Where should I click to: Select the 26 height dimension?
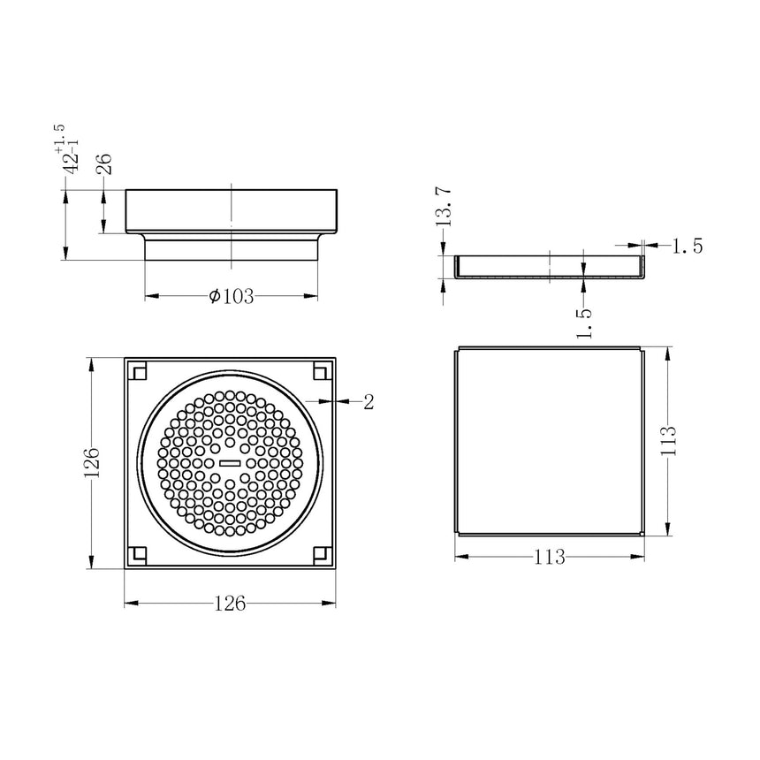pos(103,163)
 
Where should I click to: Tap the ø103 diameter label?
pos(232,297)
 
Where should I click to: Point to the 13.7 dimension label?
pos(445,207)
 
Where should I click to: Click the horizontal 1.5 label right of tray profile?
pos(687,247)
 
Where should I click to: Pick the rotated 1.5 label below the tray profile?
pos(584,323)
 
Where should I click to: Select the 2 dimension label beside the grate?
pos(369,402)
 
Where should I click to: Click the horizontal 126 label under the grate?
pos(230,604)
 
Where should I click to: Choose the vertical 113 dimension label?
pos(668,440)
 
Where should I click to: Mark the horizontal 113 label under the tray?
pos(549,557)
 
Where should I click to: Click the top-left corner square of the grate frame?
pos(138,372)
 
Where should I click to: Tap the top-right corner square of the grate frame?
pos(321,372)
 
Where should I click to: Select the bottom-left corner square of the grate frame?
pos(138,554)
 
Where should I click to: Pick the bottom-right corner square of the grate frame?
pos(321,554)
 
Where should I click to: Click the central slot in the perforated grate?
pos(230,462)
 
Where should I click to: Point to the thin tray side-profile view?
pos(549,266)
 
